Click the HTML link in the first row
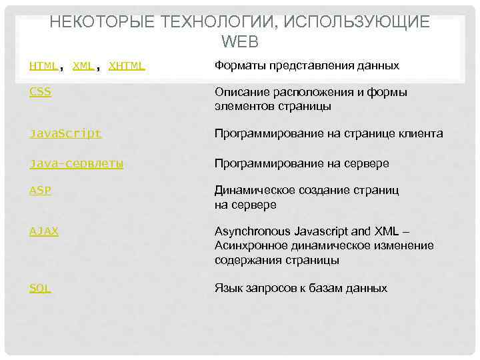tap(43, 65)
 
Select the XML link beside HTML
tap(83, 65)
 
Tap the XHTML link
tap(127, 65)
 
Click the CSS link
tap(40, 92)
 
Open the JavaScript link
tap(65, 133)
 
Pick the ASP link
tap(40, 190)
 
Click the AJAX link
tap(44, 231)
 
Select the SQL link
tap(40, 288)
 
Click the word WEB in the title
tap(239, 41)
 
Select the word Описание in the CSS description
tap(239, 92)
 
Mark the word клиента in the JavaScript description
tap(421, 133)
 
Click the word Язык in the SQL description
tap(228, 288)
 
